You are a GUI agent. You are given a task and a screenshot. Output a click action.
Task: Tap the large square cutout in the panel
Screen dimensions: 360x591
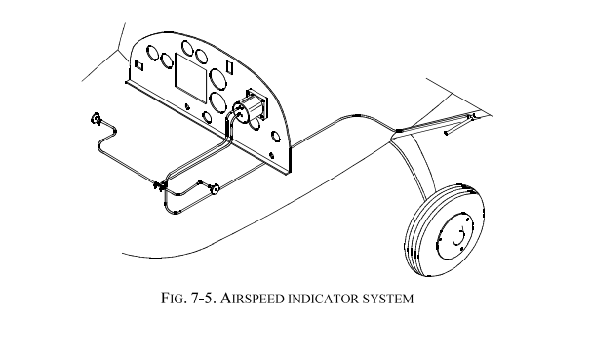(191, 73)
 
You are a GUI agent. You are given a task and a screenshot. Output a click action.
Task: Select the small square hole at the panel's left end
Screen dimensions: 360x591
(138, 64)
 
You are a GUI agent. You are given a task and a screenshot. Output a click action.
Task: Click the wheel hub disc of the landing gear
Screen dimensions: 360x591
(454, 236)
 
